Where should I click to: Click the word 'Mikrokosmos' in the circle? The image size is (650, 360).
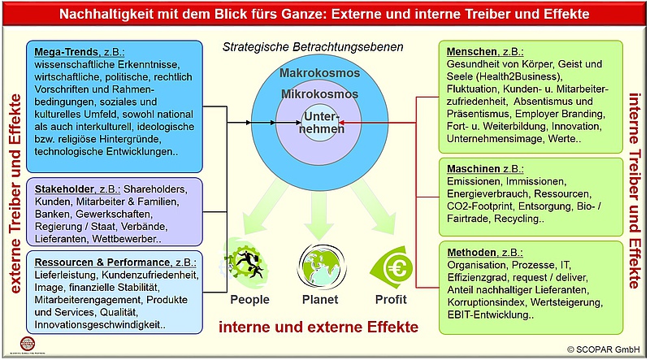(318, 94)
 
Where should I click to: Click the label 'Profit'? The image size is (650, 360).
(390, 299)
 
